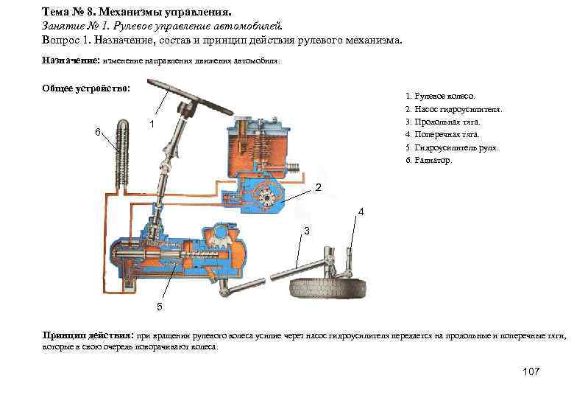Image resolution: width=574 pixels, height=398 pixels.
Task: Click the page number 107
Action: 530,371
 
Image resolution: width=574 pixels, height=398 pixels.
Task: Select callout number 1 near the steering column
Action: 151,123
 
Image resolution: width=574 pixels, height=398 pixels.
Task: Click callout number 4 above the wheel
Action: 361,212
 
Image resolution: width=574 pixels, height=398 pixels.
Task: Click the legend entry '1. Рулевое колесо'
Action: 440,96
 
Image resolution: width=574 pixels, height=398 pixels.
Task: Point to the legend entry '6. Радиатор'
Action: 430,160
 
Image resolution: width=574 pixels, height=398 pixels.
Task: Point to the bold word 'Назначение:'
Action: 71,62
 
